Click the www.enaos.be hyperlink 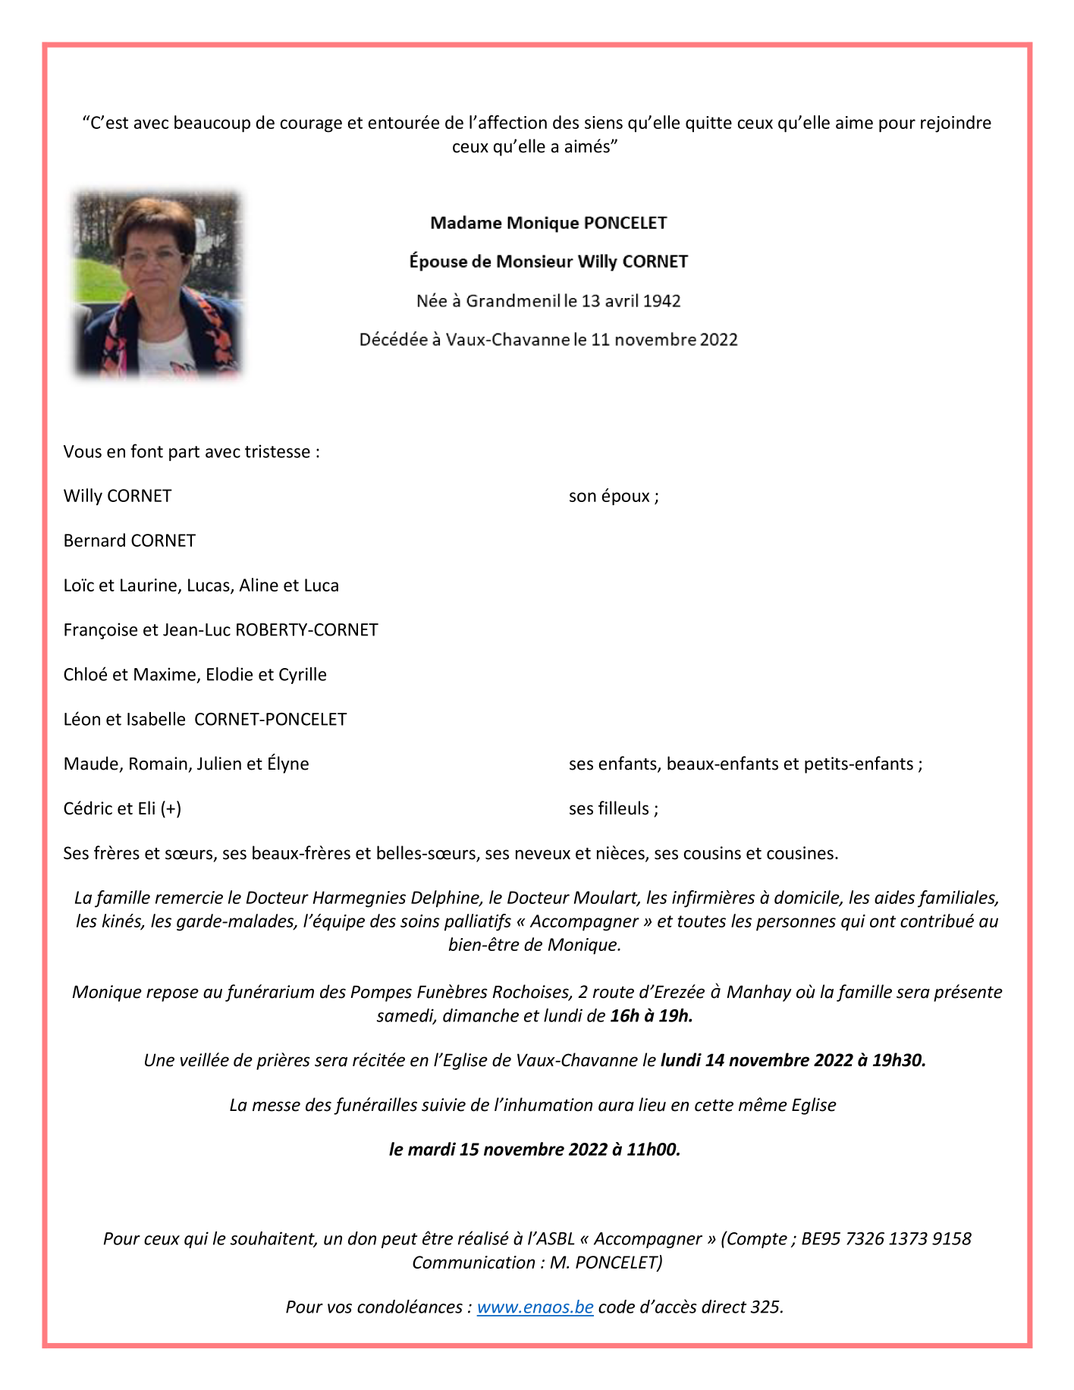[x=535, y=1307]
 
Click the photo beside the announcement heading [x=157, y=284]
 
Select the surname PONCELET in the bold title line [x=626, y=223]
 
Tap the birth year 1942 [x=661, y=301]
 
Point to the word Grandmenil [x=513, y=301]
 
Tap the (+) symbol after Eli [x=171, y=808]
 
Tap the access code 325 [x=765, y=1307]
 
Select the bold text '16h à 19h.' [x=652, y=1015]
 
